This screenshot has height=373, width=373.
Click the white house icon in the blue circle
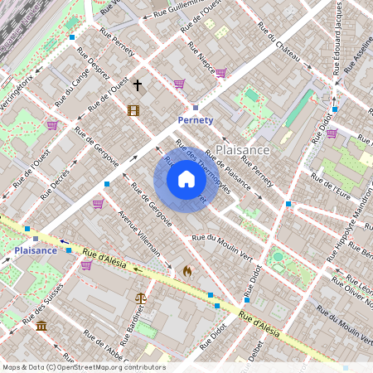pos(186,179)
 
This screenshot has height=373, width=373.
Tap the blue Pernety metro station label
pos(196,120)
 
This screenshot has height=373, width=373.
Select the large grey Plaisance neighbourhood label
pos(243,149)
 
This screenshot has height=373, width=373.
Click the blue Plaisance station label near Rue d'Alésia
pos(36,249)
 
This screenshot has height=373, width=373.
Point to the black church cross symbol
pos(138,85)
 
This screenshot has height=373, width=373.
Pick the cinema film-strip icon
pos(133,109)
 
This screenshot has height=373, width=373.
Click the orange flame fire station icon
pos(187,270)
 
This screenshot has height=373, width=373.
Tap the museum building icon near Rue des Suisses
pos(41,325)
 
